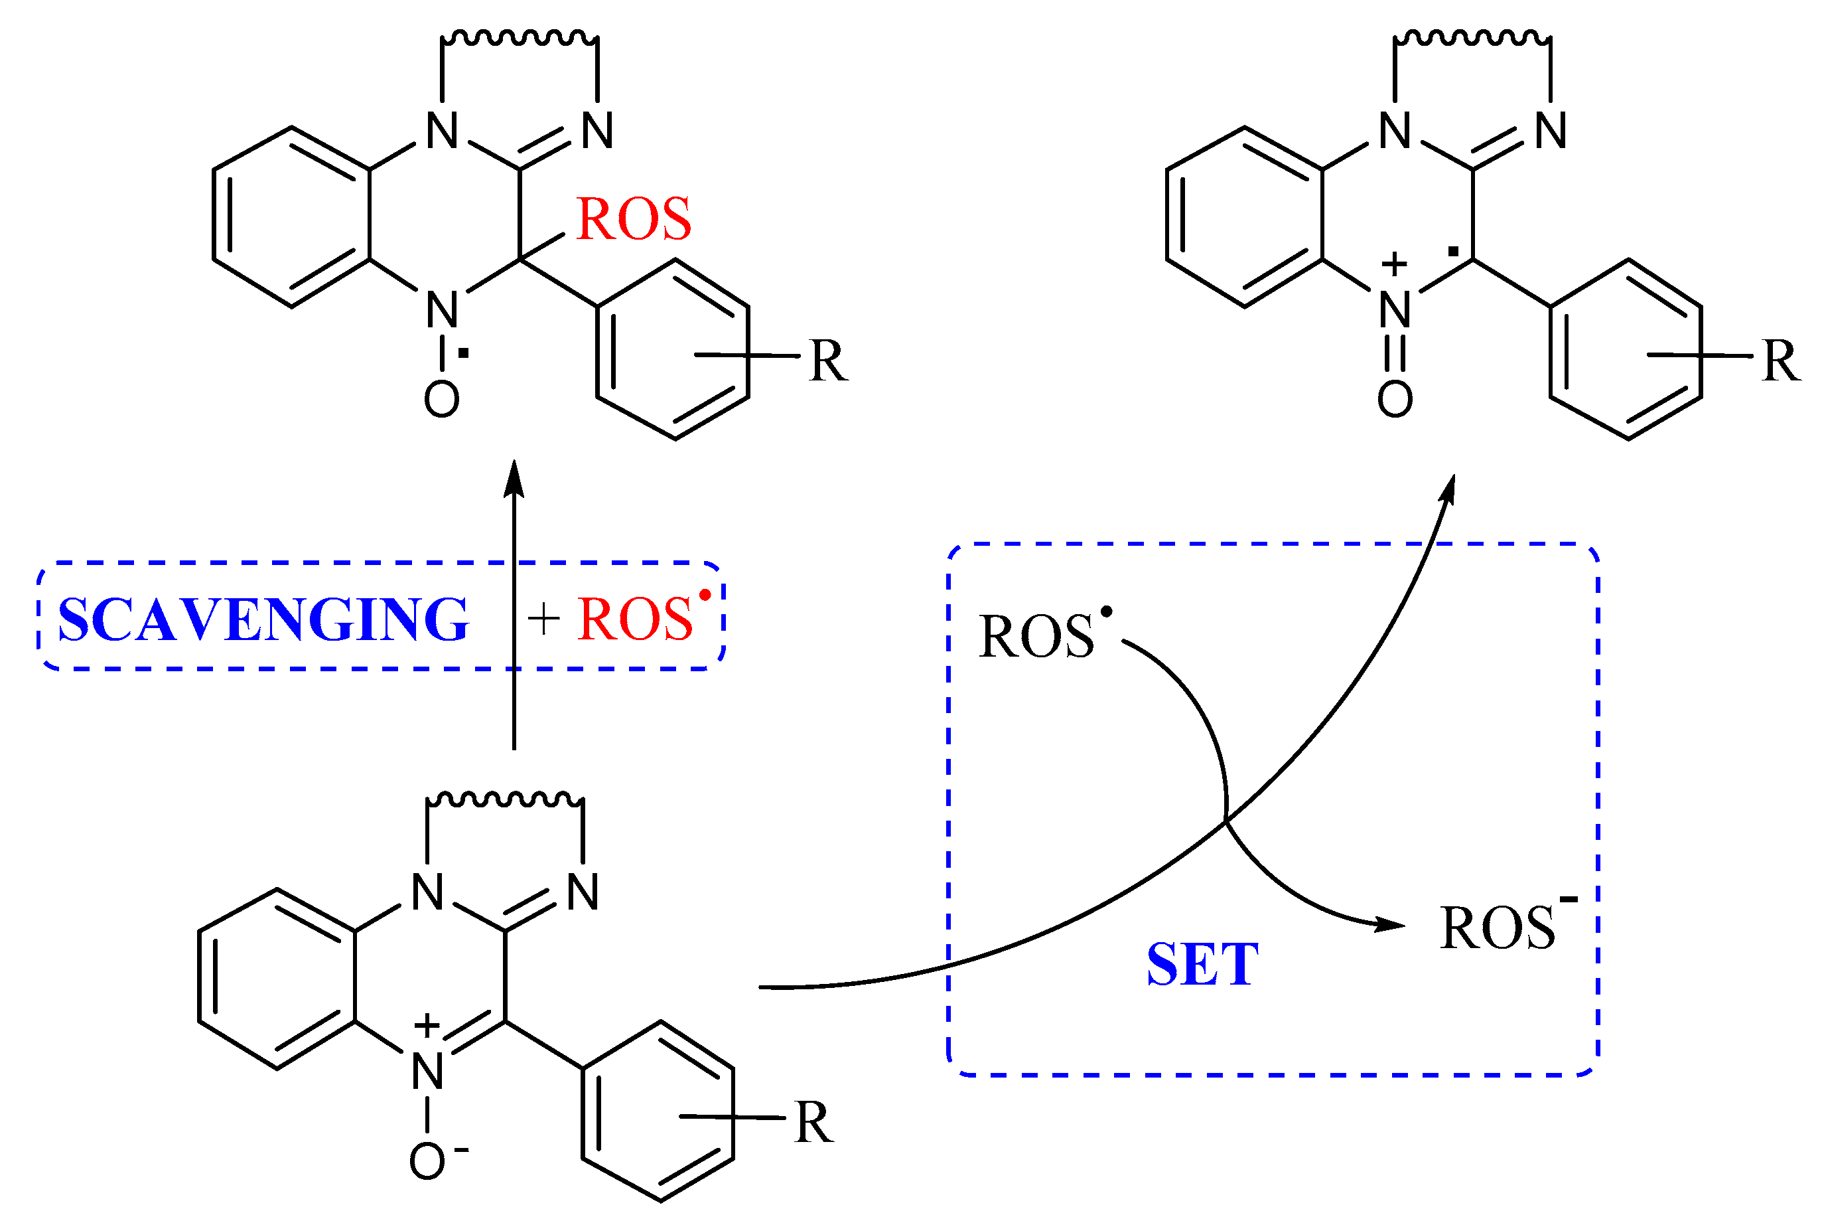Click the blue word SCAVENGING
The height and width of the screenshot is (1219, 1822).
pyautogui.click(x=263, y=619)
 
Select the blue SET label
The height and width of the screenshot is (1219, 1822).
pyautogui.click(x=1202, y=965)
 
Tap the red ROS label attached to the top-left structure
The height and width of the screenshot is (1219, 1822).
pyautogui.click(x=633, y=218)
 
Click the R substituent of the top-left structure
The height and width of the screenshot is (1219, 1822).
pyautogui.click(x=828, y=361)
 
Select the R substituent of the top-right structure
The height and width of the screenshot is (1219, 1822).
pyautogui.click(x=1781, y=361)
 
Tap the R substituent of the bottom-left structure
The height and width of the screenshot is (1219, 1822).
pyautogui.click(x=813, y=1123)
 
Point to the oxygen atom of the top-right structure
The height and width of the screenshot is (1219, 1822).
pyautogui.click(x=1395, y=400)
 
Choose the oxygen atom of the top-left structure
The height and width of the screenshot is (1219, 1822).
pyautogui.click(x=441, y=400)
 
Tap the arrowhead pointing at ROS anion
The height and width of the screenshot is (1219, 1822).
pyautogui.click(x=1391, y=924)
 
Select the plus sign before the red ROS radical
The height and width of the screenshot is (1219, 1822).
pyautogui.click(x=543, y=620)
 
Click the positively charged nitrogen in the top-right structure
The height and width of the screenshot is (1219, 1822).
pyautogui.click(x=1395, y=309)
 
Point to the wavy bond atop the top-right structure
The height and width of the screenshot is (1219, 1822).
pyautogui.click(x=1472, y=37)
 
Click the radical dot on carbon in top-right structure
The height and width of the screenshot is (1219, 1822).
pyautogui.click(x=1452, y=251)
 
